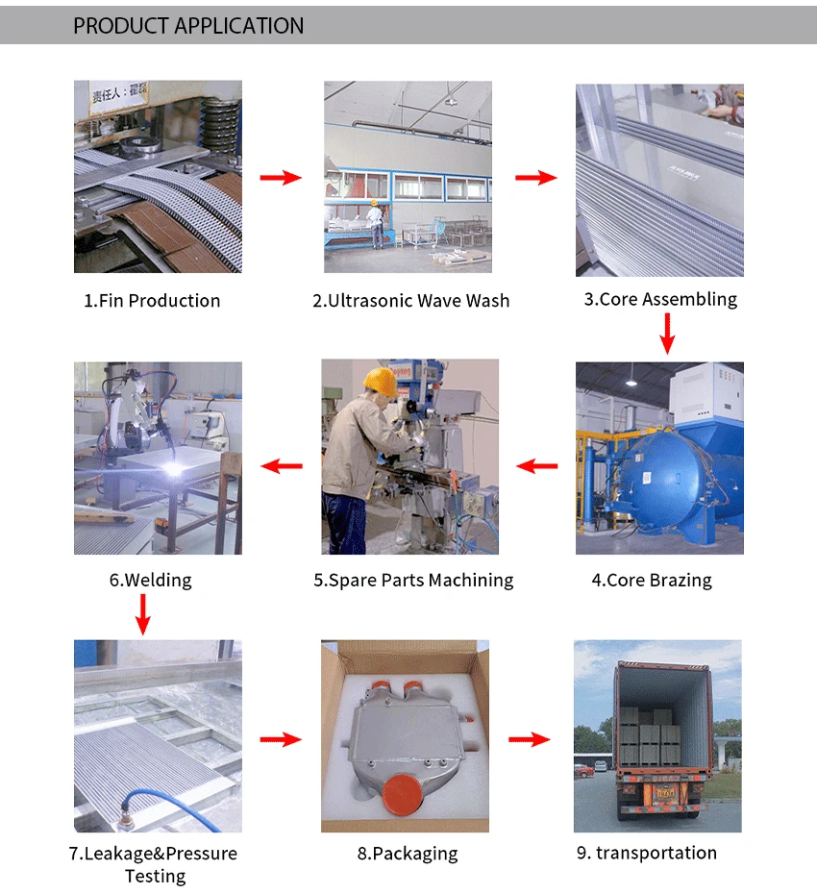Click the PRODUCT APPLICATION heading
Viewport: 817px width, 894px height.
tap(188, 26)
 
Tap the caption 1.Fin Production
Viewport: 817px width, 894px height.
tap(152, 301)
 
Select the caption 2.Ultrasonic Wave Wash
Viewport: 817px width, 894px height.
tap(410, 301)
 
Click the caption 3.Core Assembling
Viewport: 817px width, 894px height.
tap(660, 299)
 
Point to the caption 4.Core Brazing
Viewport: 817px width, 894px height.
tap(652, 581)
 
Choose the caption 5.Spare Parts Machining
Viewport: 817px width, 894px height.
tap(413, 581)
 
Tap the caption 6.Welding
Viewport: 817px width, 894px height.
tap(151, 581)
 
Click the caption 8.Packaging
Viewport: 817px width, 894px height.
tap(408, 854)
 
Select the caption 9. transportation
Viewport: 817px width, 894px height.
tap(647, 853)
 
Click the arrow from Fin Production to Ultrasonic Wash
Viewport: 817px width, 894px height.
tap(281, 178)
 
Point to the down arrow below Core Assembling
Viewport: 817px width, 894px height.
tap(668, 334)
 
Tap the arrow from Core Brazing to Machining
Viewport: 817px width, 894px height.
tap(536, 466)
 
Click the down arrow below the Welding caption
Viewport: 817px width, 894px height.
tap(143, 614)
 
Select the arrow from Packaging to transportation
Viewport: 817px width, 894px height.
tap(530, 739)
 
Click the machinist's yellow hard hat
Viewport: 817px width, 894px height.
tap(381, 382)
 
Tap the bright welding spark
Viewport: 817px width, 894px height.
tap(173, 469)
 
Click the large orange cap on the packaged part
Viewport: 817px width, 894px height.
tap(403, 794)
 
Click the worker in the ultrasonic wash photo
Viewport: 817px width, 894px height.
tap(375, 224)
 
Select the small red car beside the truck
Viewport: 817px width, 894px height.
tap(583, 771)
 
